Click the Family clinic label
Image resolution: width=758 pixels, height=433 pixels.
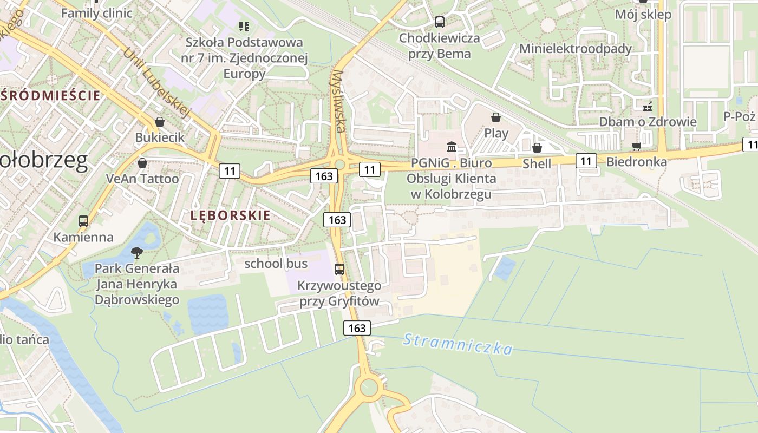[x=96, y=12]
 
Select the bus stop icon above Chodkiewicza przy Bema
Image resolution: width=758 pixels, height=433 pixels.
[x=439, y=22]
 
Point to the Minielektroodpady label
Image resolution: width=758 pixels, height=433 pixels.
[x=575, y=48]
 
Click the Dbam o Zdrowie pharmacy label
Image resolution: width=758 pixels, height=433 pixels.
[x=647, y=121]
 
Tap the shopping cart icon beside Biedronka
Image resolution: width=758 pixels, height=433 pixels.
[x=637, y=147]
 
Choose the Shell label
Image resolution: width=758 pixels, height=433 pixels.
[x=537, y=163]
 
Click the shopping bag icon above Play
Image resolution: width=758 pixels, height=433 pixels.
[x=496, y=117]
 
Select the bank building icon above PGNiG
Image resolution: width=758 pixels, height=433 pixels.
[x=451, y=147]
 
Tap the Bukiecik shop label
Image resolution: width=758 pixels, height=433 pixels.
[x=160, y=137]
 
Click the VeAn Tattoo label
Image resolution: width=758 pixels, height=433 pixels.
[x=142, y=178]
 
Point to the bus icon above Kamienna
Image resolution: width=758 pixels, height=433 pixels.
[x=83, y=221]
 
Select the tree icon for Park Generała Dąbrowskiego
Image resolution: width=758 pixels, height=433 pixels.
[x=137, y=252]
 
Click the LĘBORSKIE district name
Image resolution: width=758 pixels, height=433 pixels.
[x=230, y=215]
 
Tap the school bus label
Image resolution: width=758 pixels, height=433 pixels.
[x=276, y=264]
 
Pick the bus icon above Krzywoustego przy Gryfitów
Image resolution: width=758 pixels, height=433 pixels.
[x=339, y=269]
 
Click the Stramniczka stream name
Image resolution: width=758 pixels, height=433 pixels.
[x=458, y=344]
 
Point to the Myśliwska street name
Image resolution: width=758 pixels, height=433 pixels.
[x=338, y=101]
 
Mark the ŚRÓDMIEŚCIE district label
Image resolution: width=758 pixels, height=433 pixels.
[x=50, y=95]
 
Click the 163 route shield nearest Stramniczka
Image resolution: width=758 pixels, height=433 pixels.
[x=357, y=327]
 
